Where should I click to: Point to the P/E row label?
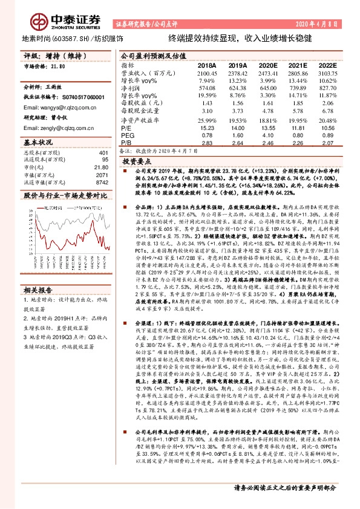(127, 128)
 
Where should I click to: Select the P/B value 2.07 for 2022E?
(327, 143)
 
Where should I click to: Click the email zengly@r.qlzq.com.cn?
(57, 128)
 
